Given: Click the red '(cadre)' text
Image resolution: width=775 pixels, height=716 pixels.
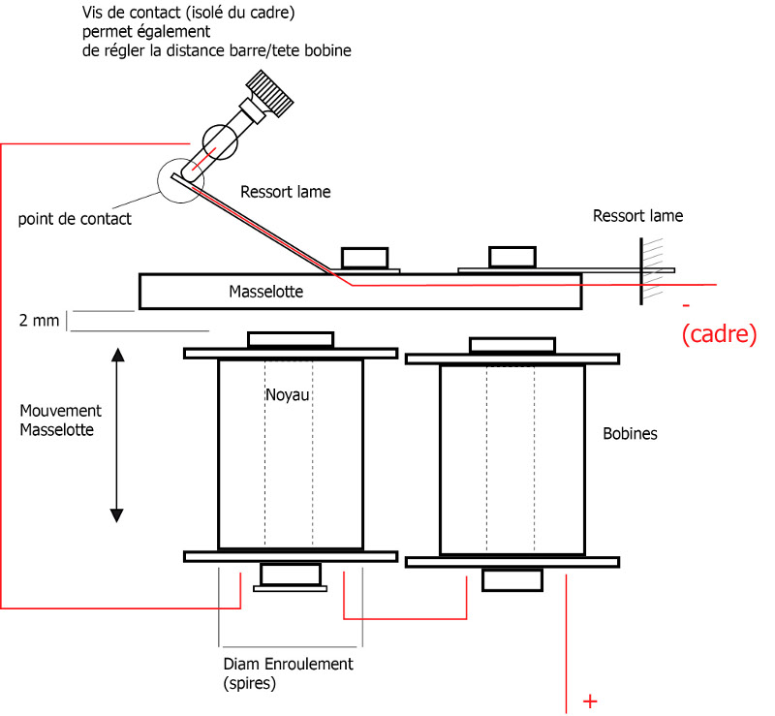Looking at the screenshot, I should [719, 334].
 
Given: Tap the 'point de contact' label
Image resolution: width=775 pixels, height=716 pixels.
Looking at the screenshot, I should [75, 219].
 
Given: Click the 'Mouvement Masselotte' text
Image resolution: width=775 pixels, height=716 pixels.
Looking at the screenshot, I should [56, 421].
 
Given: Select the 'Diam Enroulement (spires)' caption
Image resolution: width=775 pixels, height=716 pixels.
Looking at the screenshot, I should [288, 672].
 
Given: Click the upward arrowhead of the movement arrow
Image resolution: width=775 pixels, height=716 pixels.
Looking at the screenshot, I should [117, 355].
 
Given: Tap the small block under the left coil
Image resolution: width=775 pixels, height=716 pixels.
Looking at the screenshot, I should [290, 575].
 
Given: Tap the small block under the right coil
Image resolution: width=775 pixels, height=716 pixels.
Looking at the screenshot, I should [511, 579].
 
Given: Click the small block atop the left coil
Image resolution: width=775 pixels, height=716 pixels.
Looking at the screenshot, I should [290, 339].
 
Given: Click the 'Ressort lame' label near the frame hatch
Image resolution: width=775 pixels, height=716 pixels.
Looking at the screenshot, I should [637, 216].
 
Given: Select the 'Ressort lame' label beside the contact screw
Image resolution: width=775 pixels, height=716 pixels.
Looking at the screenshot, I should [285, 192].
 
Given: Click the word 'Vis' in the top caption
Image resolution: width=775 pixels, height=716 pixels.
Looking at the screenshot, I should [92, 15].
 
